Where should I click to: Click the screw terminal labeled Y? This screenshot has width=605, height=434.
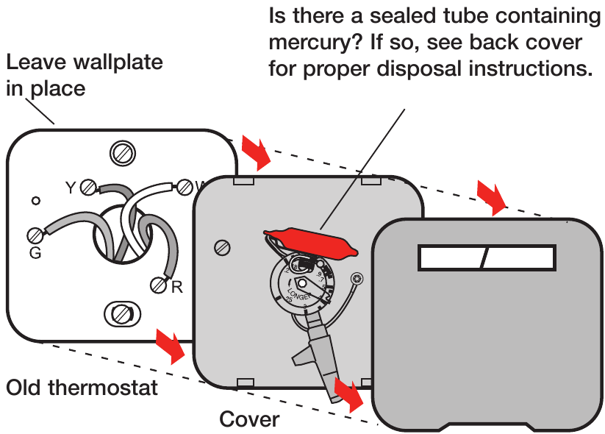click(x=89, y=187)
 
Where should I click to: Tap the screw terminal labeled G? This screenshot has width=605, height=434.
click(x=35, y=235)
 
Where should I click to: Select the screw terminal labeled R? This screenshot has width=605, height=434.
click(x=158, y=284)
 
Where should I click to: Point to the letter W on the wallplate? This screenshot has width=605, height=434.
click(x=198, y=186)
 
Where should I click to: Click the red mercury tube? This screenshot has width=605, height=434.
click(x=309, y=243)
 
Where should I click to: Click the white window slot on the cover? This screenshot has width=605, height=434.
click(x=486, y=258)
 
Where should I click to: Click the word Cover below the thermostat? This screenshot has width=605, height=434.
click(x=249, y=419)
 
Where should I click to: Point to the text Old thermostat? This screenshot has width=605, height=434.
click(x=82, y=388)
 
